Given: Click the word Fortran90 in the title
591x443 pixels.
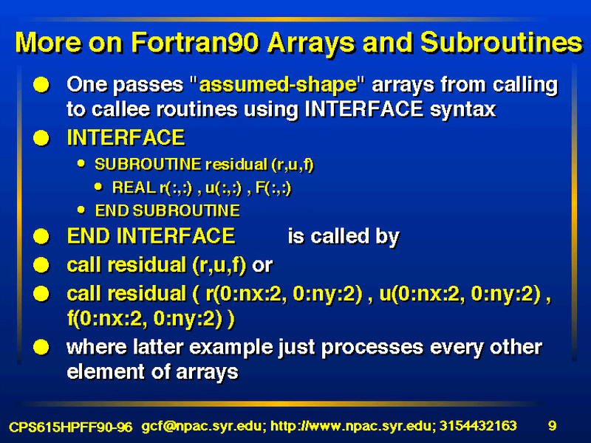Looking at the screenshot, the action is click(x=195, y=42).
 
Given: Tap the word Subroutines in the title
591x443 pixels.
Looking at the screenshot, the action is click(x=502, y=42).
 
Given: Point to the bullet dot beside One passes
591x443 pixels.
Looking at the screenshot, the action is click(x=41, y=85).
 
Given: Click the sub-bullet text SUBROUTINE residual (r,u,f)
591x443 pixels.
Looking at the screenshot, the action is click(x=205, y=165).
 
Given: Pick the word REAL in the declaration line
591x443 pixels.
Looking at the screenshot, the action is click(x=134, y=188).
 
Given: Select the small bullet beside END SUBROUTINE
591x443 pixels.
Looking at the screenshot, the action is click(x=81, y=210).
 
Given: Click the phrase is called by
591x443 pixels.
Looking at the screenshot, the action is click(x=344, y=237).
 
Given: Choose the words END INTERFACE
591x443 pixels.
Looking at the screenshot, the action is click(x=151, y=236).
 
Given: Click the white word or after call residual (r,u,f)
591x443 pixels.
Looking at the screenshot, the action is click(x=262, y=266).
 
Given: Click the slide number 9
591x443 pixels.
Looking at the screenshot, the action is click(x=552, y=426).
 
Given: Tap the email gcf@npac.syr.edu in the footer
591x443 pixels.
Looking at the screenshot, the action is click(x=201, y=427).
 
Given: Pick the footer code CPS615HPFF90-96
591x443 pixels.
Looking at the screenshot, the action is click(x=70, y=427).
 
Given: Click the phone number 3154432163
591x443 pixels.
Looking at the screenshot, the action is click(x=478, y=426).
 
